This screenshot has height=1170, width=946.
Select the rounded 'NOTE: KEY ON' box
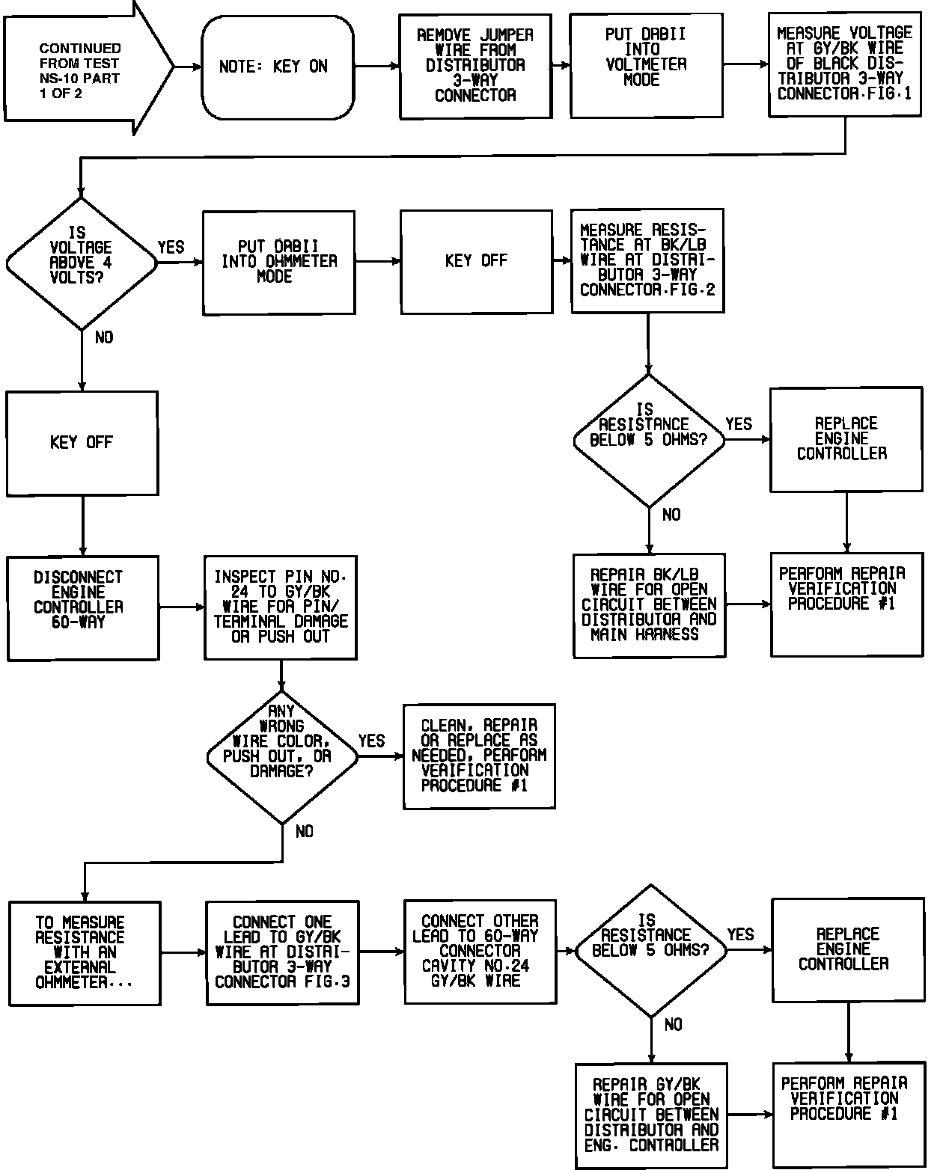(277, 67)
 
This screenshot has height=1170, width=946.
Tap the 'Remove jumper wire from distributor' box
(475, 66)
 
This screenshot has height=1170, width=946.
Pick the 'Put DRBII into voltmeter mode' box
(646, 65)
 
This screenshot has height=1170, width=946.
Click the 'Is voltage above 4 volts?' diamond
(82, 263)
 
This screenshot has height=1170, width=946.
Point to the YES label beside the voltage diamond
(171, 248)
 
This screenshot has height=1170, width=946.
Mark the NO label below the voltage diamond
(104, 338)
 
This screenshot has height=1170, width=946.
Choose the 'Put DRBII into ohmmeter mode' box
(278, 262)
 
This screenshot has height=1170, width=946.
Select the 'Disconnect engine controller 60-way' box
(82, 607)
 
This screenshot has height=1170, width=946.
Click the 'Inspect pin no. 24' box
(281, 607)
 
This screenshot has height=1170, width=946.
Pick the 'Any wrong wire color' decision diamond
(282, 756)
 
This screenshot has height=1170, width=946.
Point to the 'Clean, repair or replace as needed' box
(479, 756)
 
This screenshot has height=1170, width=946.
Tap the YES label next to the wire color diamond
(371, 741)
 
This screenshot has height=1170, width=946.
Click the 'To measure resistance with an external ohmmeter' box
(85, 952)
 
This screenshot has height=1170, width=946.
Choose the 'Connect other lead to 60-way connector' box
(480, 951)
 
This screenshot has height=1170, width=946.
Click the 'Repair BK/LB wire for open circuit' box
(649, 605)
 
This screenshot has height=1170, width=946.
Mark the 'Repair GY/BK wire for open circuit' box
(651, 1115)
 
